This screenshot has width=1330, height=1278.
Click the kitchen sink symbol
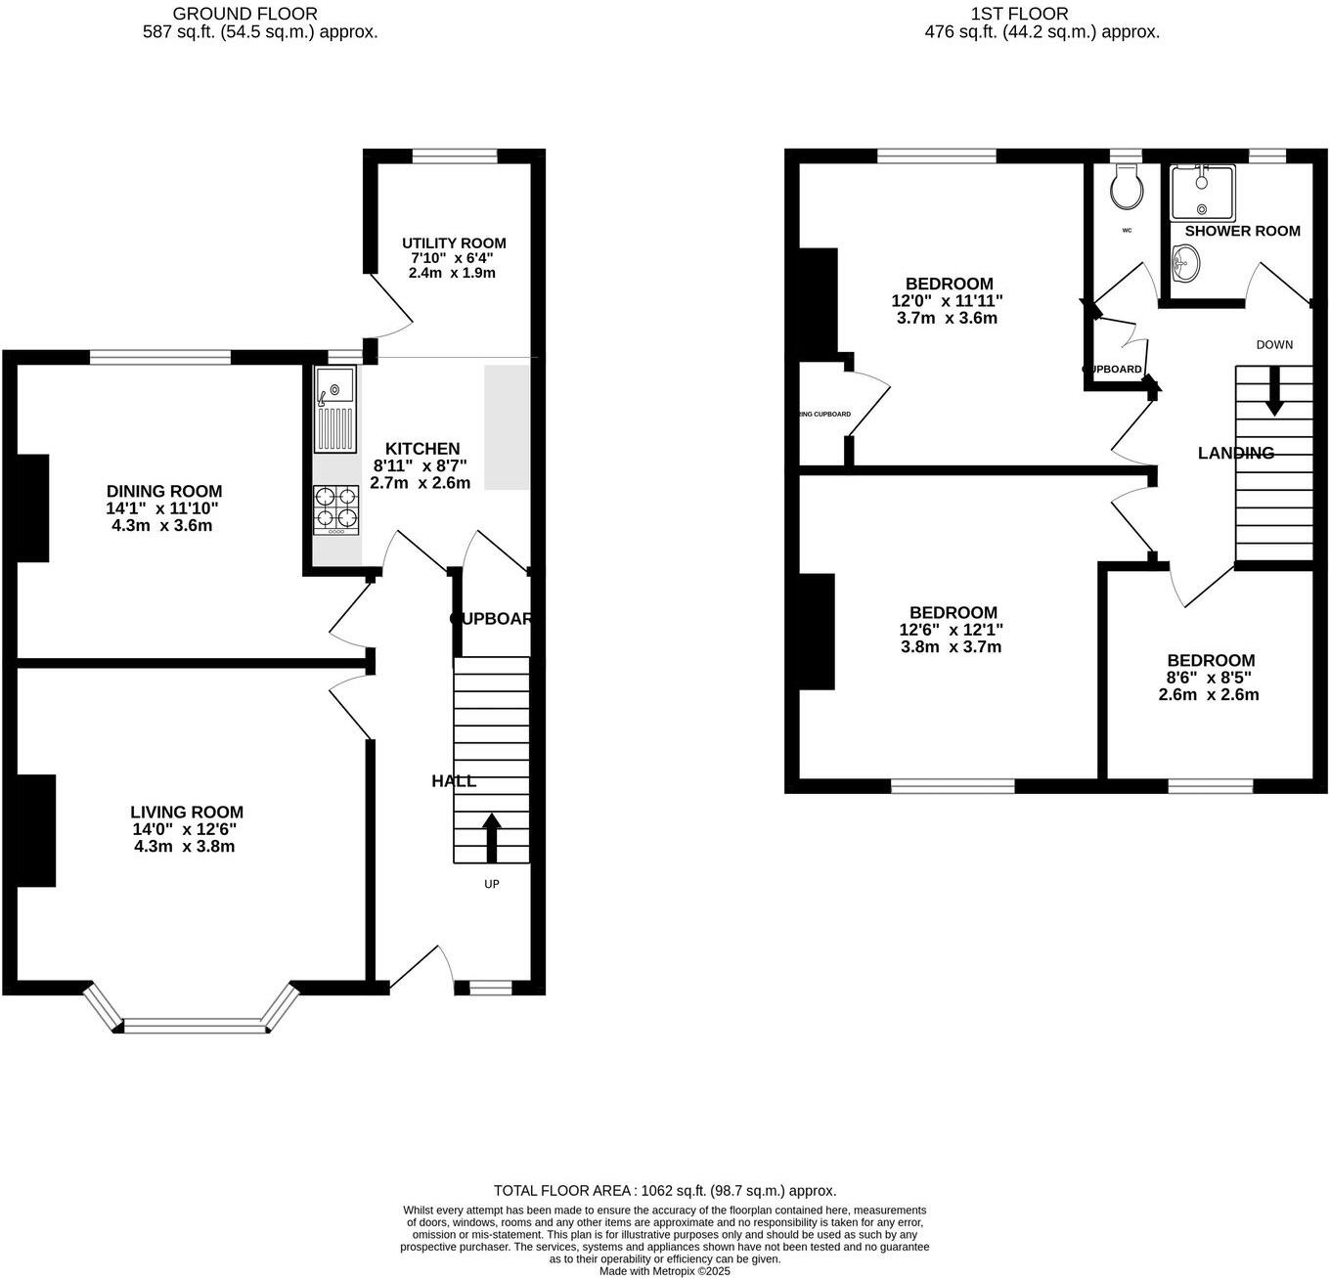335,410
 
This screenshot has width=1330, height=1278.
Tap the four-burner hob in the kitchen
335,509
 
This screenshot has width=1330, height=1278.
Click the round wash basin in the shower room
1186,261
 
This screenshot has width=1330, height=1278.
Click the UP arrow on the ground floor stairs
491,837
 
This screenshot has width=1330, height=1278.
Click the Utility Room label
454,243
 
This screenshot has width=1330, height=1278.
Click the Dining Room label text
164,492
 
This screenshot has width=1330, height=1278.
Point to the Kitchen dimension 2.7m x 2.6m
421,483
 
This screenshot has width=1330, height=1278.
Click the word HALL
454,781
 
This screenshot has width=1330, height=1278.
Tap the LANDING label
1236,453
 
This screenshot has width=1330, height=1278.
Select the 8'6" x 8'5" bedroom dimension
1209,678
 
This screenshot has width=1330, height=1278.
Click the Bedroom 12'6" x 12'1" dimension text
952,630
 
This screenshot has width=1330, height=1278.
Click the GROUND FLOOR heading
245,14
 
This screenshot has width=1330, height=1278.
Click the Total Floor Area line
665,1190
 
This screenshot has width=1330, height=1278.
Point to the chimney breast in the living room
35,830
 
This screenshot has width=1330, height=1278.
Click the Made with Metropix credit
665,1271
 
